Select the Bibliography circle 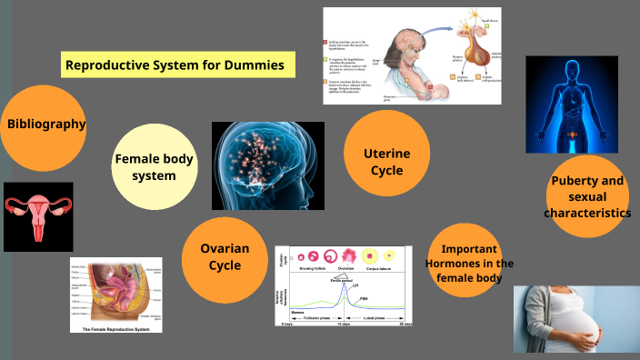pos(45,125)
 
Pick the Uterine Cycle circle pos(387,154)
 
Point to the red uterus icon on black pos(38,216)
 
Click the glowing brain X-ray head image pos(268,165)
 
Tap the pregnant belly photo pos(576,319)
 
